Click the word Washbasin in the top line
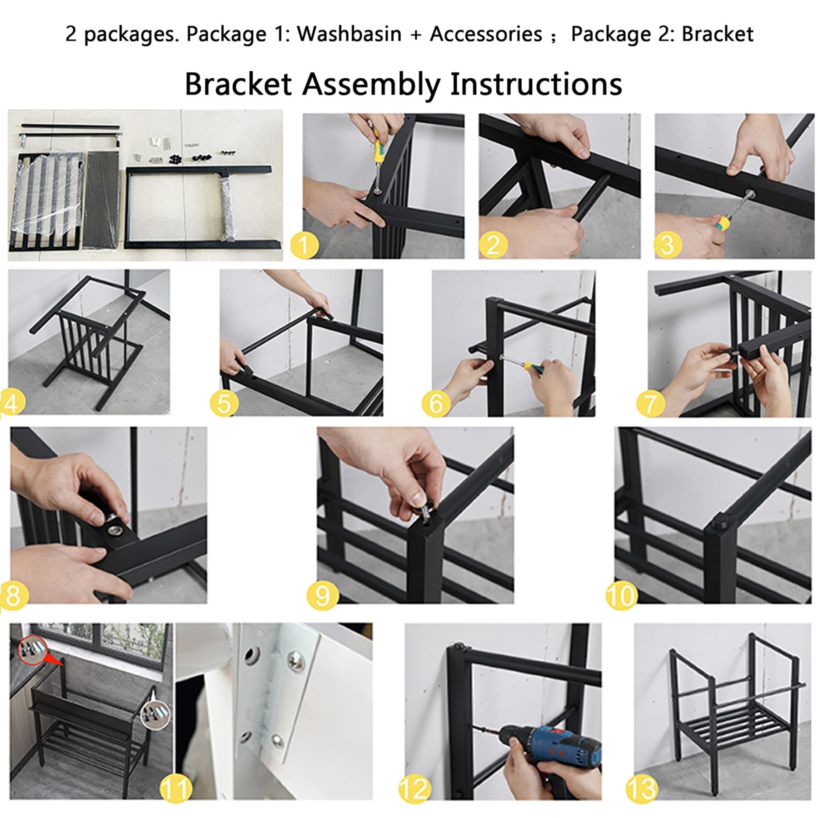point(349,35)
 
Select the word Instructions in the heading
point(536,85)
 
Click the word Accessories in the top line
point(486,35)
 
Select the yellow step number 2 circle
point(493,246)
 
